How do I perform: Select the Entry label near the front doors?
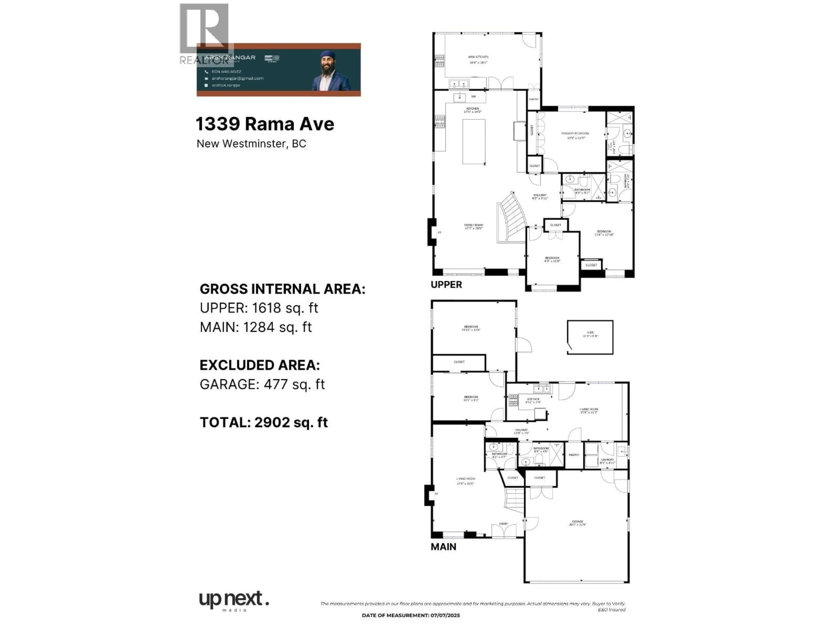[503, 524]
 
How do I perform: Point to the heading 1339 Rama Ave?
[265, 124]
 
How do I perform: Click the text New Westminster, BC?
[251, 144]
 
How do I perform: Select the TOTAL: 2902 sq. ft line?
[264, 422]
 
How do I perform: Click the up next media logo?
[234, 601]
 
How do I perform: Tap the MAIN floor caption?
[443, 547]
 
